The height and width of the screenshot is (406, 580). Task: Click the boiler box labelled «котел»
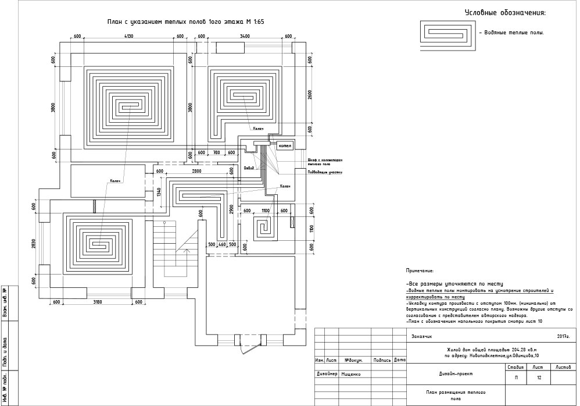[285, 145]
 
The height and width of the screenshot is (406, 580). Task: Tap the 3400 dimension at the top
[244, 37]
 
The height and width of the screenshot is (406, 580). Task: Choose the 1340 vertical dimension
[159, 193]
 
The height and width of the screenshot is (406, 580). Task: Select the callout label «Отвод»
[249, 168]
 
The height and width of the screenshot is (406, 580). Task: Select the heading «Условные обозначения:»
[504, 13]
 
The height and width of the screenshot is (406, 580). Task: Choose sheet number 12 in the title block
[539, 378]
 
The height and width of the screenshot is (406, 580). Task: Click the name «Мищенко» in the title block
[351, 374]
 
